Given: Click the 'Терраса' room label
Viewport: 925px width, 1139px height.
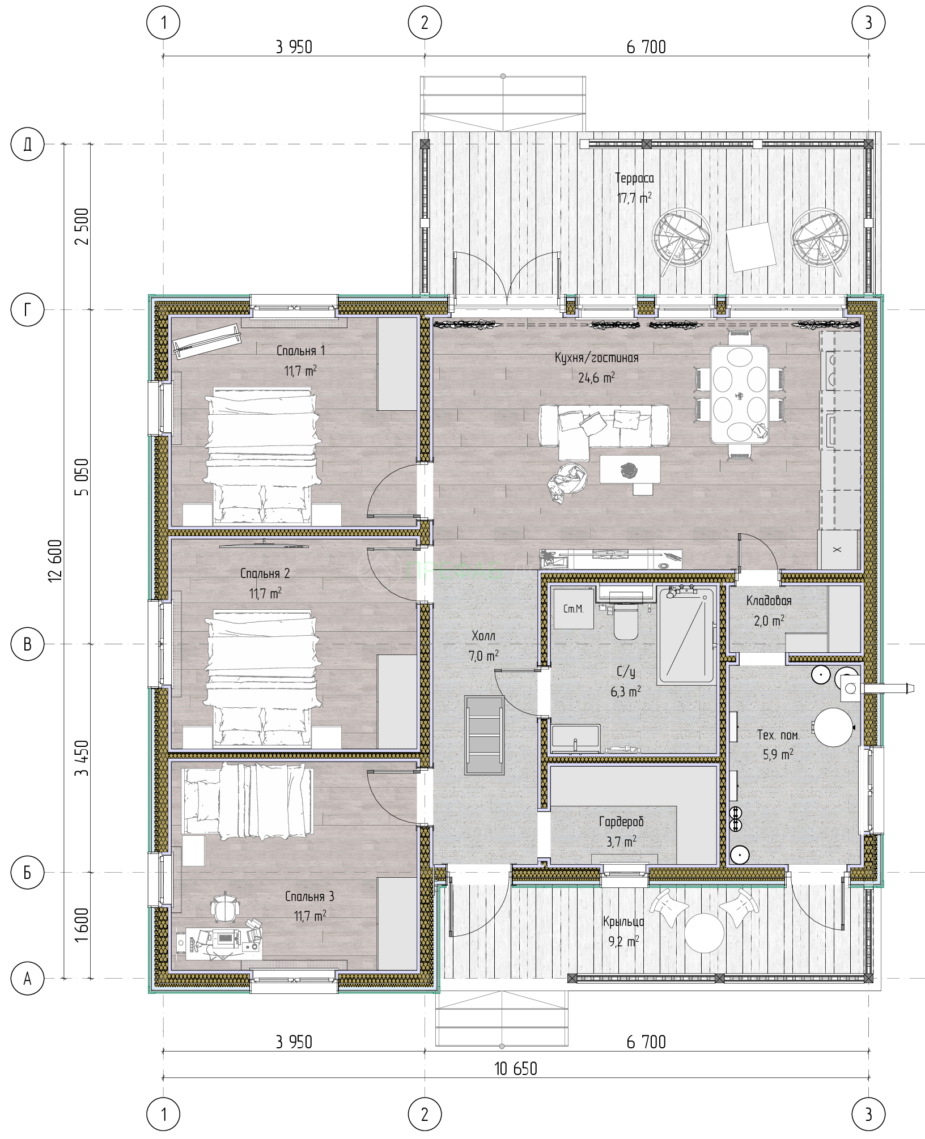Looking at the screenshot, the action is [634, 178].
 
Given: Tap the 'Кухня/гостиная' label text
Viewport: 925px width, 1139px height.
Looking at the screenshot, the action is [597, 358].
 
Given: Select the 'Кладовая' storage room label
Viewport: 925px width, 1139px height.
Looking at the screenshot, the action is [769, 601].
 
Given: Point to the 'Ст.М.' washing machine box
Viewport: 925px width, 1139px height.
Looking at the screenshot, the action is [574, 609].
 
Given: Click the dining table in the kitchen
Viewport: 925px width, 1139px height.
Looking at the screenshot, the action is [740, 394].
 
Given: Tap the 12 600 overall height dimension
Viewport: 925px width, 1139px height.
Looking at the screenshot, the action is [55, 560].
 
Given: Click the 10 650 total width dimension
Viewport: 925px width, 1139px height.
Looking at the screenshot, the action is [516, 1068].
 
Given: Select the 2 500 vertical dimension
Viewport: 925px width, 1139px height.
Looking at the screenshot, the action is [82, 226].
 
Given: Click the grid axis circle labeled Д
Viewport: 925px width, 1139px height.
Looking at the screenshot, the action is [27, 144].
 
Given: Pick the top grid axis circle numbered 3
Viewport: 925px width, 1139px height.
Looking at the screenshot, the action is [868, 23].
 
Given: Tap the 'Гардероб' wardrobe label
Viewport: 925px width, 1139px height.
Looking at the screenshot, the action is [621, 822].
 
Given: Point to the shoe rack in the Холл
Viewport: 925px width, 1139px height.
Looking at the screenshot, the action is [484, 735].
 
